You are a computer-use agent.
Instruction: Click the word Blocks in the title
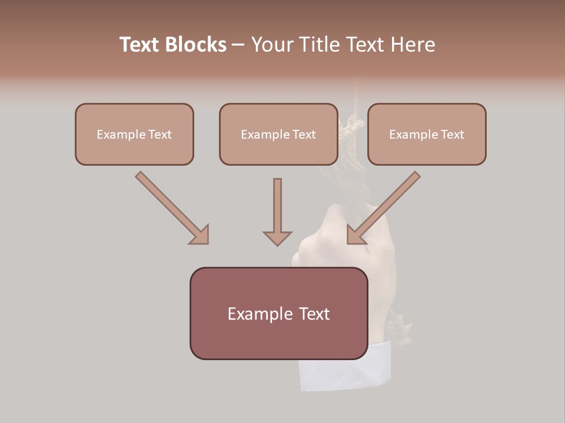tap(197, 45)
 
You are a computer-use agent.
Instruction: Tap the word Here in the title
tap(411, 45)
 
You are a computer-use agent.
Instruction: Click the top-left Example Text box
tap(134, 135)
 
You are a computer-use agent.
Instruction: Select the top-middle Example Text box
tap(278, 135)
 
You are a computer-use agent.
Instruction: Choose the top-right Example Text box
tap(427, 135)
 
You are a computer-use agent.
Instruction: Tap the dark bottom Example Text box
tap(278, 313)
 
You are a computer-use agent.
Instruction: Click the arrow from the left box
tap(171, 207)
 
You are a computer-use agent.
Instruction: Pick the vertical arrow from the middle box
tap(277, 209)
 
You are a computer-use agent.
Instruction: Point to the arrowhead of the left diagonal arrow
tap(200, 236)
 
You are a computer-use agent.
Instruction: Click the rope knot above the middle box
tap(351, 126)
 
